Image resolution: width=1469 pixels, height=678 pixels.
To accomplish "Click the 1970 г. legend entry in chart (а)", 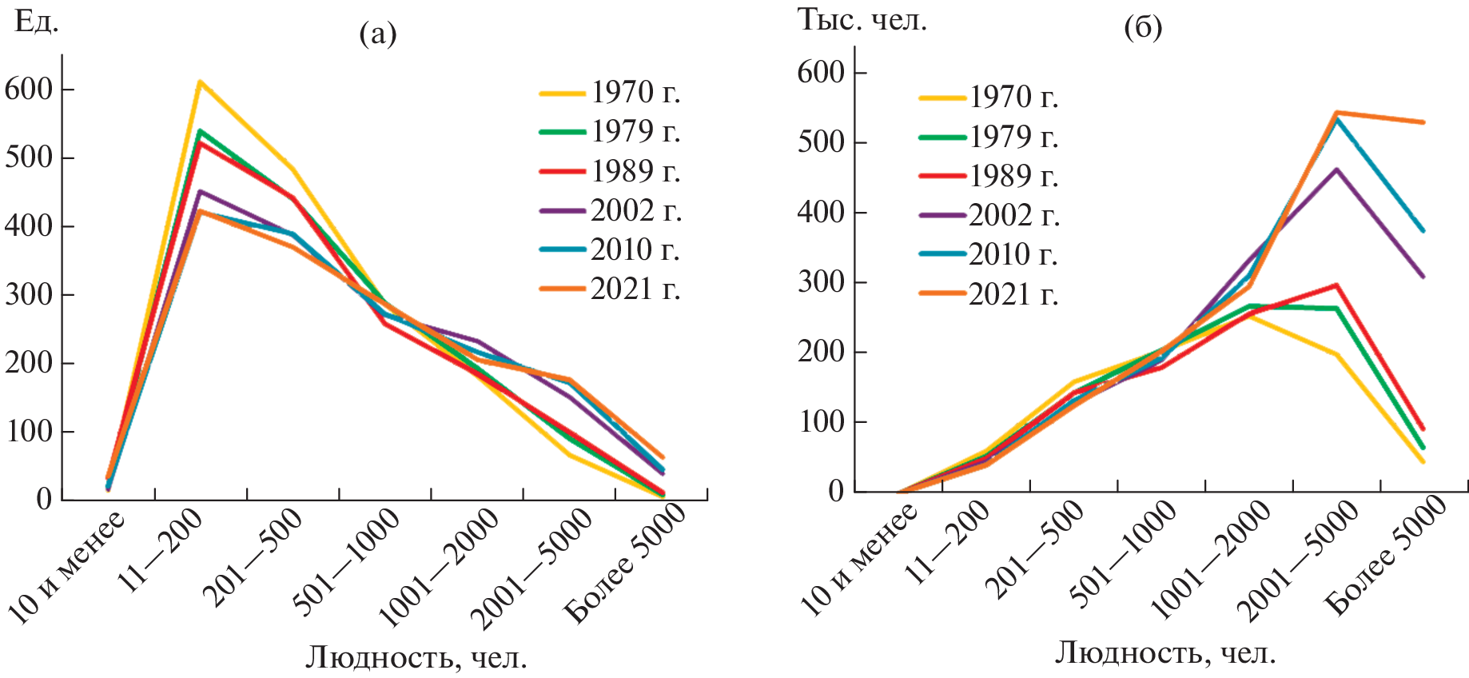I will [635, 93].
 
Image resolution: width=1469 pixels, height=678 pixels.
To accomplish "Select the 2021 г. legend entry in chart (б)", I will [1013, 295].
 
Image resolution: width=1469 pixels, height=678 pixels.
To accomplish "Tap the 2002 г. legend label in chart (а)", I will [635, 210].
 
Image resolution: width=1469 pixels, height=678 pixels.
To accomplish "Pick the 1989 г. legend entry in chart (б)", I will [1013, 176].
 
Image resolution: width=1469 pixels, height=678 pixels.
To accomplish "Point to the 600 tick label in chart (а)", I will [28, 89].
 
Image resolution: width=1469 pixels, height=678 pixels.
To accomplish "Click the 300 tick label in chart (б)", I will [821, 282].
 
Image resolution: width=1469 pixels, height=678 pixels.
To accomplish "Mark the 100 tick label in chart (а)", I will [28, 432].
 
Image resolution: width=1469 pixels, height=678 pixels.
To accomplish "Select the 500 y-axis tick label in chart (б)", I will [821, 142].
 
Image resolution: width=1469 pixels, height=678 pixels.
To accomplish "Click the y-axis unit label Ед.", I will [37, 22].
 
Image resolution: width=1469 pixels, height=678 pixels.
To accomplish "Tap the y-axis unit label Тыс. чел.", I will [862, 20].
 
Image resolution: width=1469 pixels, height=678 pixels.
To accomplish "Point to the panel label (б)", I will [1143, 28].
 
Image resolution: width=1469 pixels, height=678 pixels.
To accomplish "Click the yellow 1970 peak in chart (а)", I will [200, 82].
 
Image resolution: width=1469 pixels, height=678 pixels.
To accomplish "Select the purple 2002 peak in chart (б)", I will [1336, 169].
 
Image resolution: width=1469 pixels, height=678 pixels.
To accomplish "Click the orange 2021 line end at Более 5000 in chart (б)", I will [1423, 122].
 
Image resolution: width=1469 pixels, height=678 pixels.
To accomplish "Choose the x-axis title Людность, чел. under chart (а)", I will [416, 657].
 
